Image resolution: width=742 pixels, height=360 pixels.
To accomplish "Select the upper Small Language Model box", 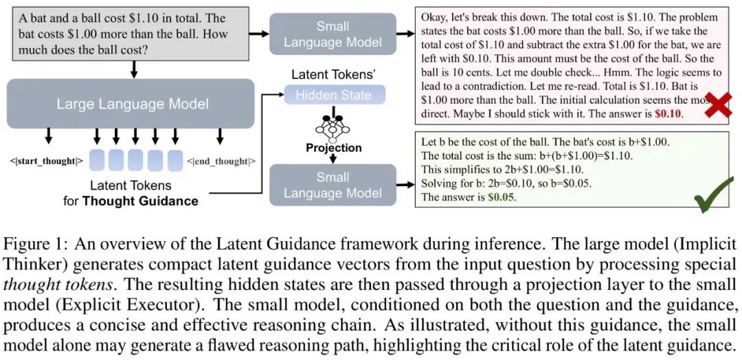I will pyautogui.click(x=333, y=34).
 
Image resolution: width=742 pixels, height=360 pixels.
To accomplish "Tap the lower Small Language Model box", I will pyautogui.click(x=333, y=185).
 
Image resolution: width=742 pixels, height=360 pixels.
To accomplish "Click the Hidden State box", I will pyautogui.click(x=334, y=95).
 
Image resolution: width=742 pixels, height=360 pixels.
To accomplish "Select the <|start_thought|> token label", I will pyautogui.click(x=47, y=161).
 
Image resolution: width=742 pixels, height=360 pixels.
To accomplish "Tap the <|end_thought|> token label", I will pyautogui.click(x=221, y=161).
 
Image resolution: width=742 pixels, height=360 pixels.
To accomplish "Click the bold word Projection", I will pyautogui.click(x=334, y=148).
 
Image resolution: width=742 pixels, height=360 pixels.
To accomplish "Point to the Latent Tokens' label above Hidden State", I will pyautogui.click(x=333, y=74).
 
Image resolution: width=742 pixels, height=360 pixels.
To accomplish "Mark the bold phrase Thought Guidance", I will pyautogui.click(x=140, y=201).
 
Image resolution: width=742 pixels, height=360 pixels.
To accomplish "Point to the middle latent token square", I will pyautogui.click(x=135, y=161).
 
